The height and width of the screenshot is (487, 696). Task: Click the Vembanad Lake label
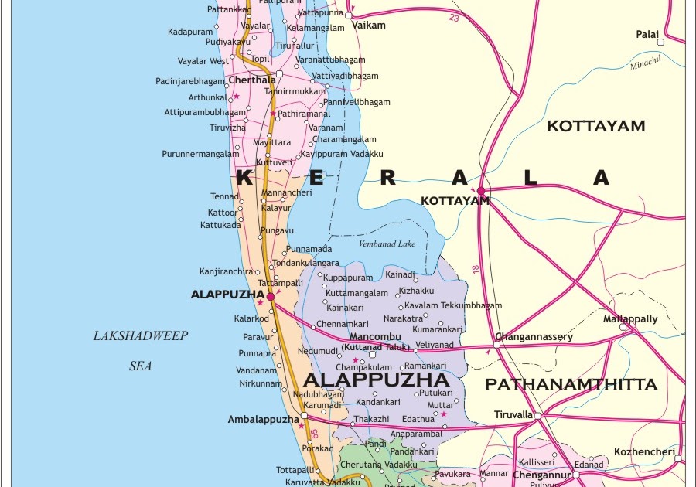coord(387,244)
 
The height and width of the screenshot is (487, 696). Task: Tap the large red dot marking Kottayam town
coord(481,190)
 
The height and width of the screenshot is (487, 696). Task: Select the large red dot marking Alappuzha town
coord(271,296)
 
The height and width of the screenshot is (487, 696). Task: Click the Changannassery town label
coord(534,337)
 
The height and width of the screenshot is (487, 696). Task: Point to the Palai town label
coord(647,35)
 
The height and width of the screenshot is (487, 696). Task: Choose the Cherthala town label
coord(252,80)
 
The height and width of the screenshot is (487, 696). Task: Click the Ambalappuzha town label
coord(263,420)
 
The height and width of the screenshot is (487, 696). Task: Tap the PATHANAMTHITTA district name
coord(571,384)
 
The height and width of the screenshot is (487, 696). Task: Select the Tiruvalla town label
coord(513,415)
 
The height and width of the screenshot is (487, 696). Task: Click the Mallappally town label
coord(630,318)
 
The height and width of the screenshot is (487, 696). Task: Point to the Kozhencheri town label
coord(644,451)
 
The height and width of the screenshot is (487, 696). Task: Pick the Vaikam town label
coord(368,26)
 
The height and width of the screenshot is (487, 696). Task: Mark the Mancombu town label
coord(375,337)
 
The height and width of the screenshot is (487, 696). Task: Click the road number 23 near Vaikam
coord(454,18)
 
